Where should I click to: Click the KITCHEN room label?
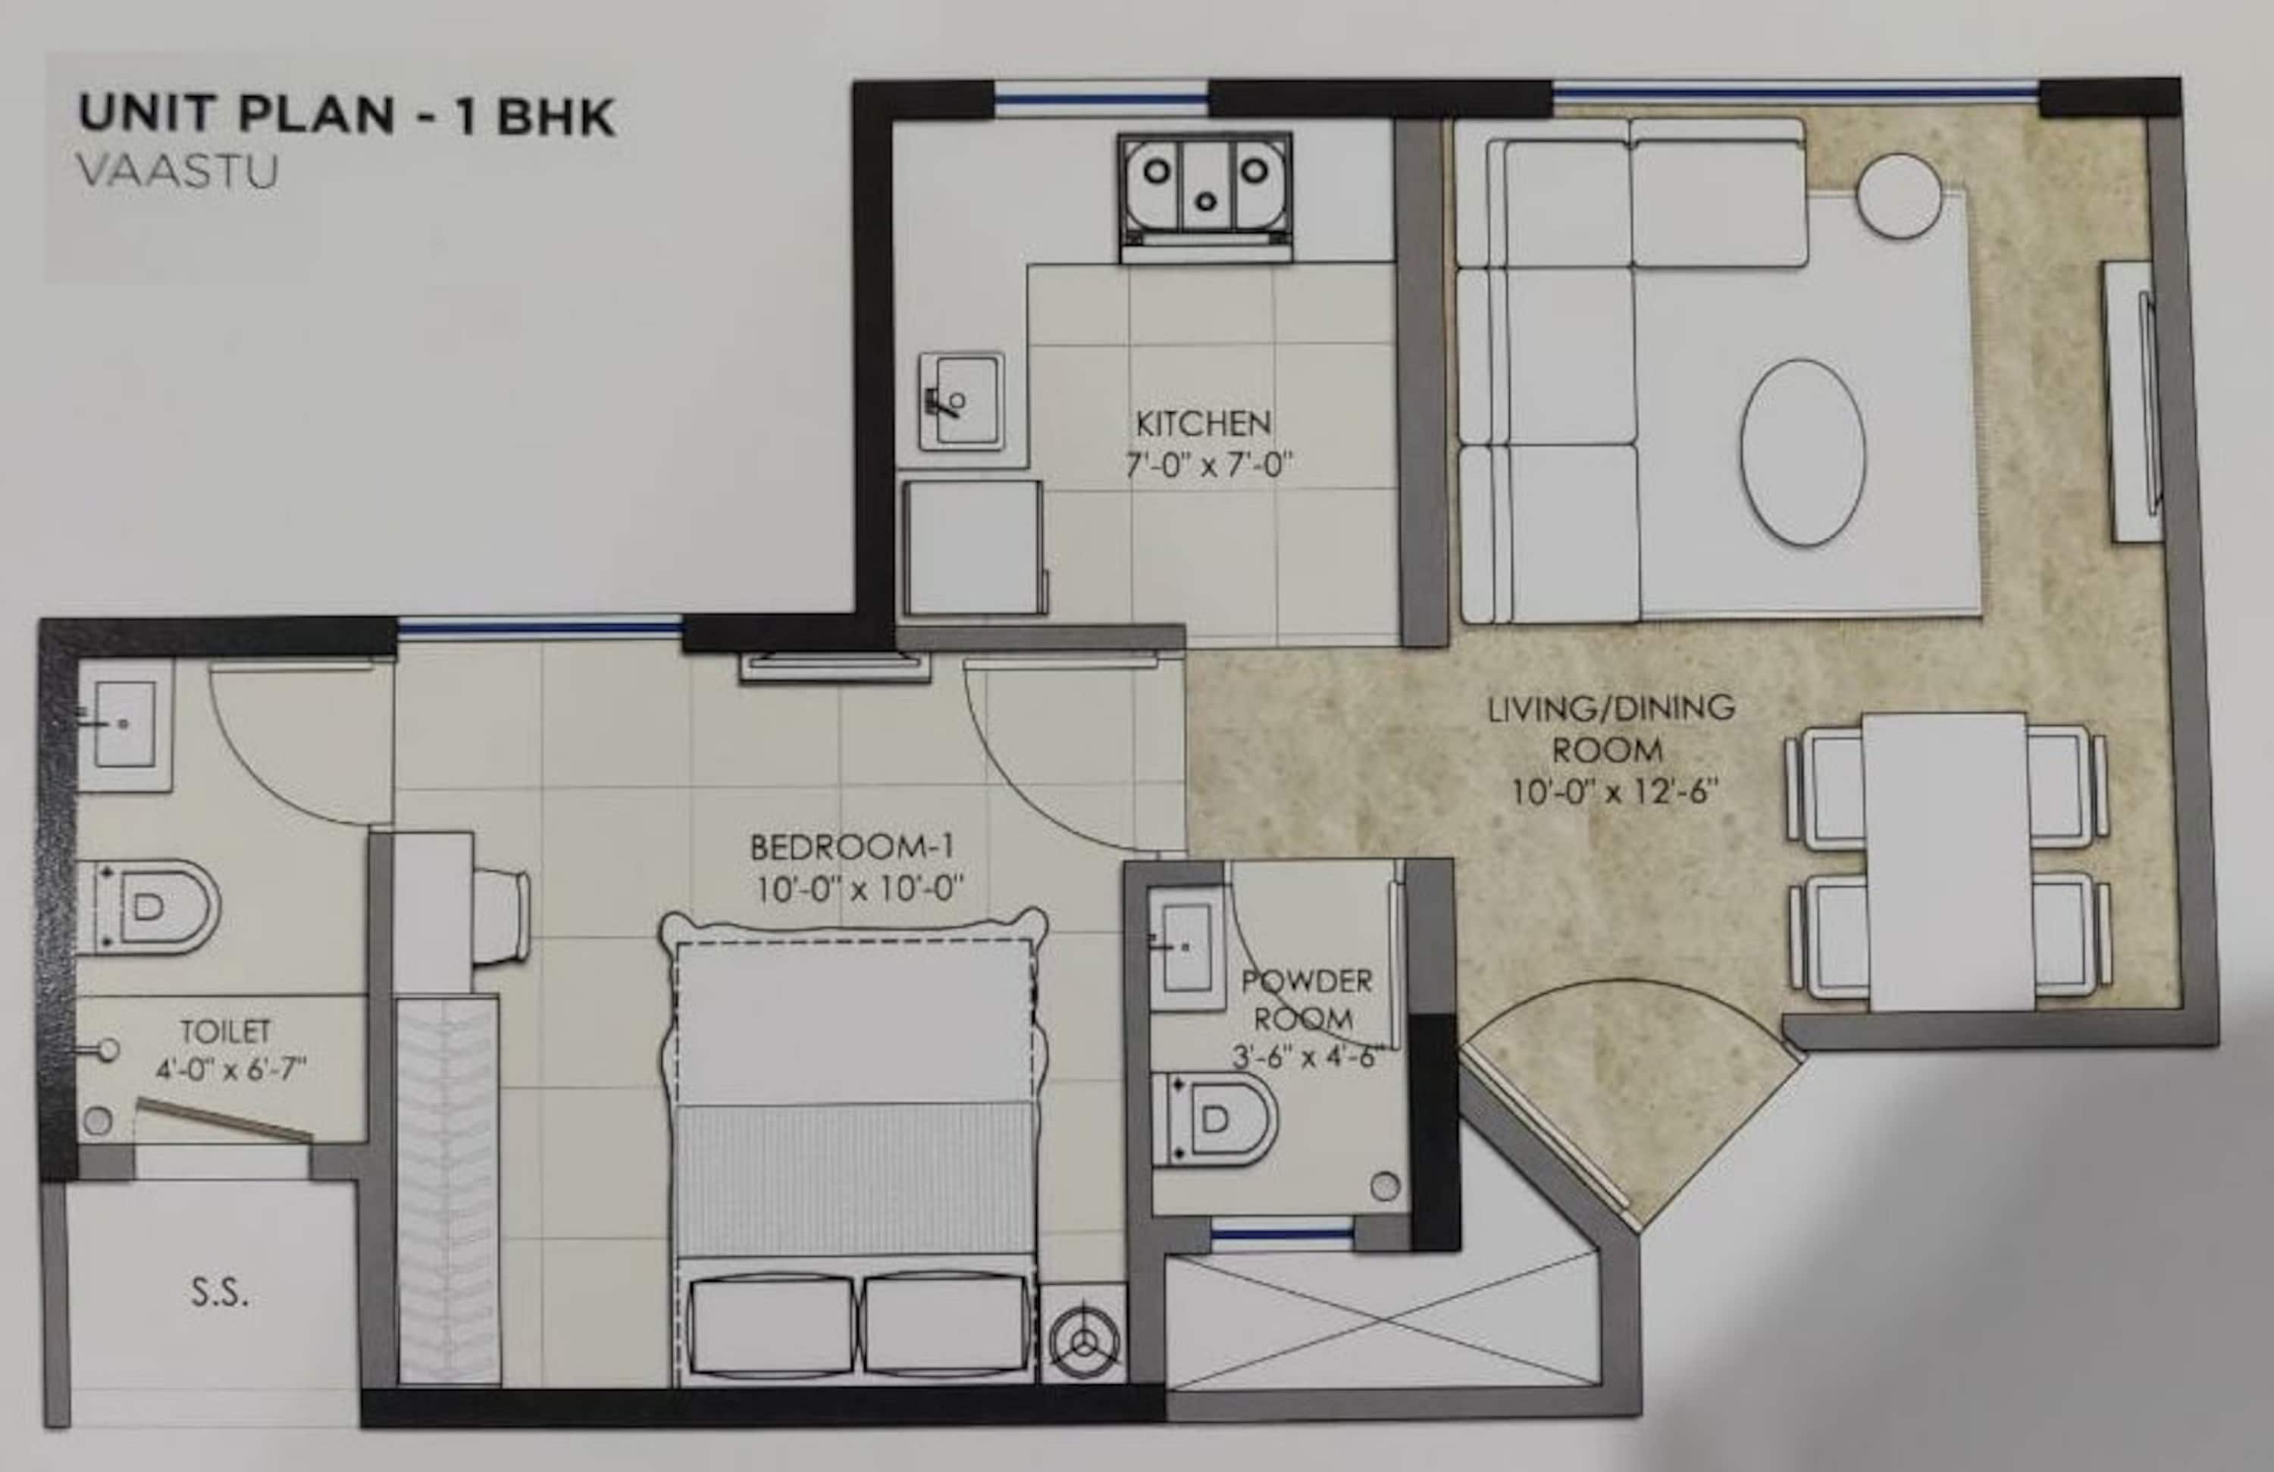[x=1203, y=423]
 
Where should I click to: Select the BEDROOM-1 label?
[x=851, y=847]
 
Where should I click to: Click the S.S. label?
[x=220, y=1293]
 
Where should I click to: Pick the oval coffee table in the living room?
[x=1802, y=452]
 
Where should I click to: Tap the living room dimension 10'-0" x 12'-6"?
[x=1609, y=792]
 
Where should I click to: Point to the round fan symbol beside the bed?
[x=1083, y=1340]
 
